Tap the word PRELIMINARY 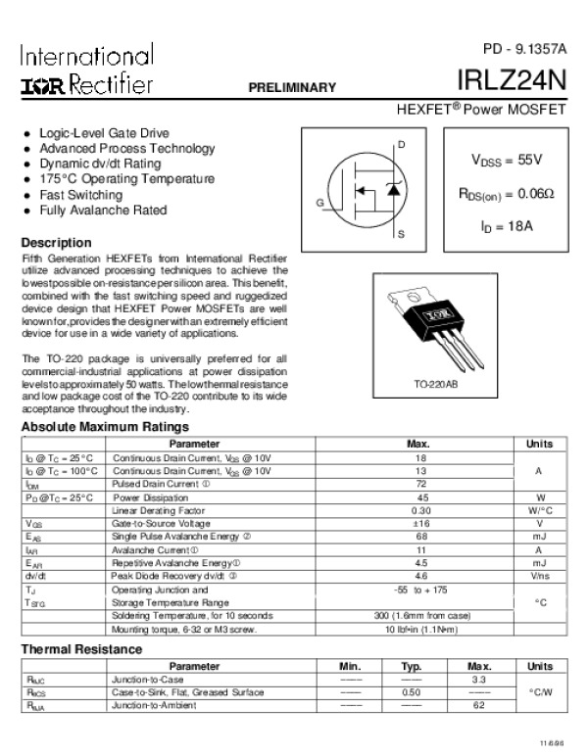click(x=293, y=87)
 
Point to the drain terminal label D click(x=401, y=145)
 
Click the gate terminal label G click(x=319, y=202)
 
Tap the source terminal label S click(x=401, y=235)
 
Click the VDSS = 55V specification click(x=507, y=159)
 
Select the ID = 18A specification click(x=507, y=226)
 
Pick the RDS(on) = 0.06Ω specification click(x=507, y=193)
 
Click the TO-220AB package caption click(x=435, y=386)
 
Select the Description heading click(x=57, y=242)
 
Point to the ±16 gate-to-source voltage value click(x=421, y=524)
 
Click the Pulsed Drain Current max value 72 click(x=421, y=484)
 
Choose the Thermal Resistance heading click(x=81, y=649)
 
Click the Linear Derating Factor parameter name click(x=158, y=510)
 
